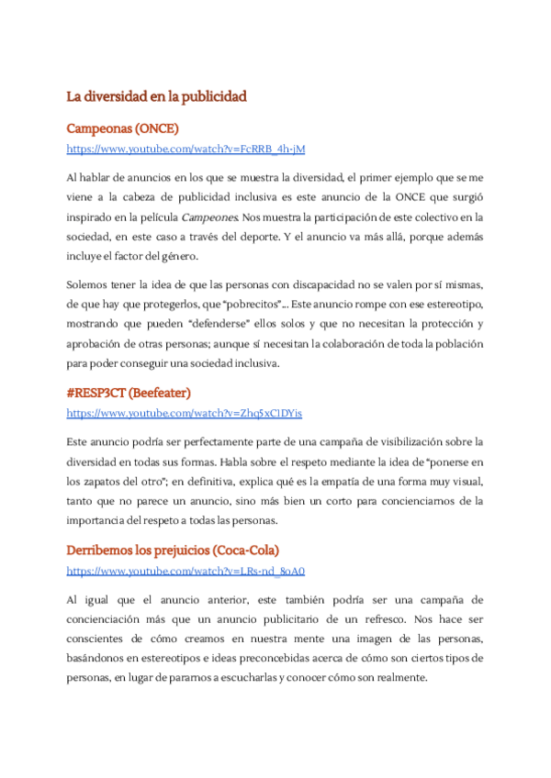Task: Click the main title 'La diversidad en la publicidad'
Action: coord(157,95)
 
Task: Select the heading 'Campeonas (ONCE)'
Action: coord(123,128)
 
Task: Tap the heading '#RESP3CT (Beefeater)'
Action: coord(129,393)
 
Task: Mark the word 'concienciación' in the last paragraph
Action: coord(108,619)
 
